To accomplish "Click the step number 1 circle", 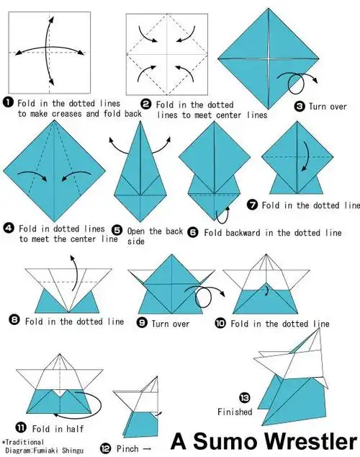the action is [x=8, y=102].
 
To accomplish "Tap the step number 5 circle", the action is [x=117, y=230].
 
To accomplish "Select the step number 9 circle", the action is [x=142, y=323].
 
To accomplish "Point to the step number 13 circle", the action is [x=245, y=398].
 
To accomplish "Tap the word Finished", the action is [x=235, y=412].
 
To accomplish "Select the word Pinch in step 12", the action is [x=127, y=448].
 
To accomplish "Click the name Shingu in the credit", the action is [x=73, y=451].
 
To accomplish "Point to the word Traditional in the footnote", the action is [x=24, y=443].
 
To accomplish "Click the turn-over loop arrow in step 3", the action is [x=297, y=82].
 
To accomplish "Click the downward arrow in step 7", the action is [x=305, y=156].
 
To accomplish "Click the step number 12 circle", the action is [x=105, y=448].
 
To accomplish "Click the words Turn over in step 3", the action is [x=328, y=107].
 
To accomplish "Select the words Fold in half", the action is [x=58, y=429].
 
